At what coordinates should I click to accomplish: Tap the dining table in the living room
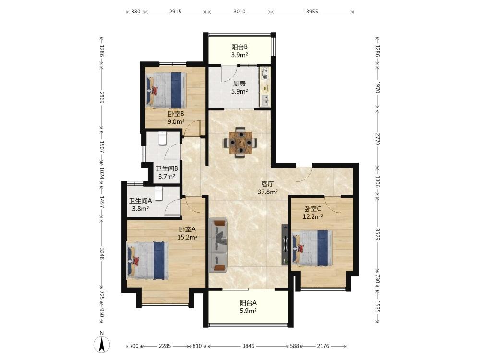coord(240,143)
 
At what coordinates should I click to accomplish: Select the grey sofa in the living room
coord(218,245)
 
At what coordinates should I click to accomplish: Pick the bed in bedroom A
coord(148,260)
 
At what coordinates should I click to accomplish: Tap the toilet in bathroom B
coord(162,138)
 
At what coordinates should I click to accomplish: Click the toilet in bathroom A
coord(158,193)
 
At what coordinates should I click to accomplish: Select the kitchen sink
coord(265,100)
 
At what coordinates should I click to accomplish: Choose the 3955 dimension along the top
coord(312,12)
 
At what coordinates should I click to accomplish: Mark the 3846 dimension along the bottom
coord(248,346)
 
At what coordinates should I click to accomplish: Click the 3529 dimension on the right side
coord(378,235)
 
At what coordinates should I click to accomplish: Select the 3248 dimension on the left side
coord(102,253)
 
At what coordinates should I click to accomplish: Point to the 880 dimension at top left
coord(136,12)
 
